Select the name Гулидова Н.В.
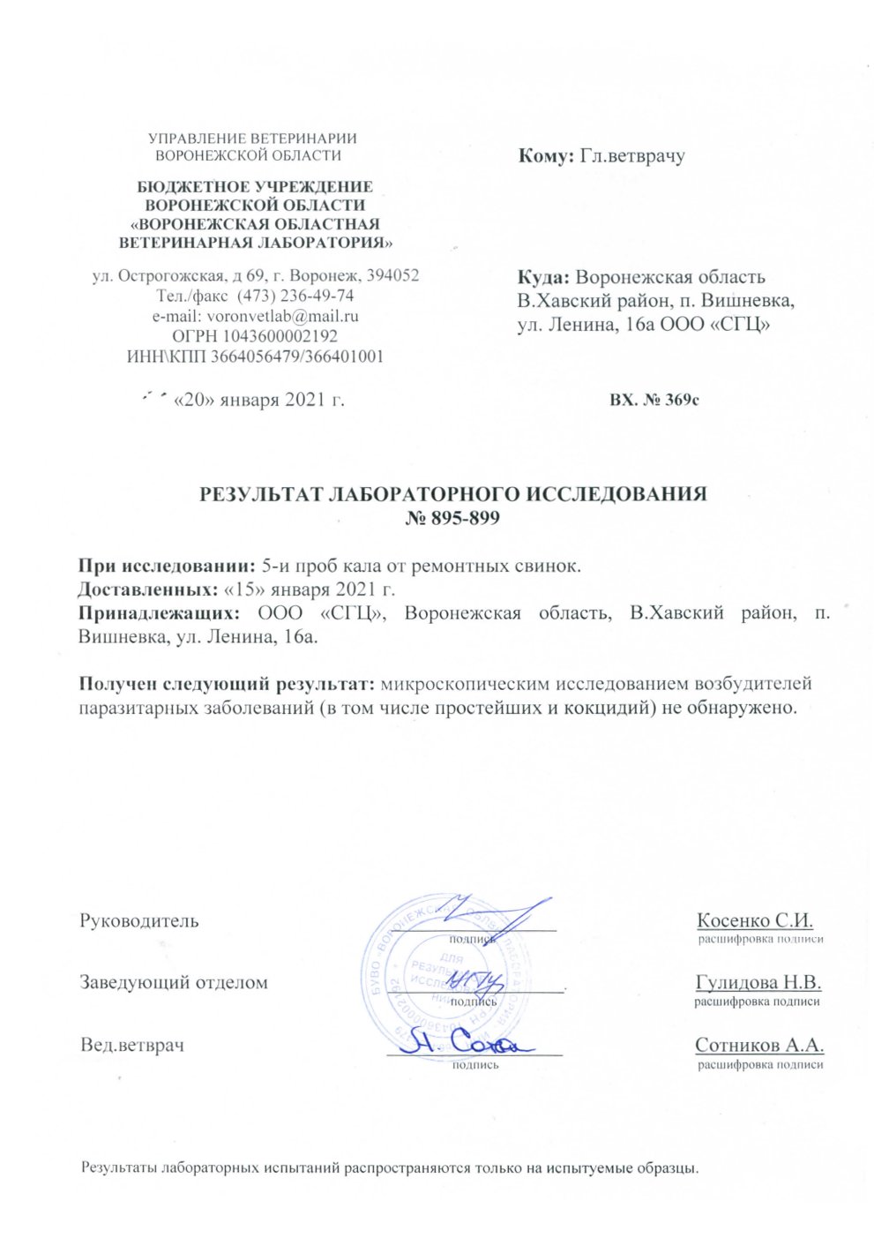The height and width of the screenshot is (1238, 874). click(x=758, y=982)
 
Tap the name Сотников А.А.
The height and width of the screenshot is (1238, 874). click(x=758, y=1045)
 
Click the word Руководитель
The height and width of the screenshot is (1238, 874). click(x=138, y=920)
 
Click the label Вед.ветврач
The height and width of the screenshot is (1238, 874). click(x=131, y=1046)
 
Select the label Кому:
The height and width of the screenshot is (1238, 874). click(x=547, y=156)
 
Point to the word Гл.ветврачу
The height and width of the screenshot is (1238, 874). click(x=632, y=156)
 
